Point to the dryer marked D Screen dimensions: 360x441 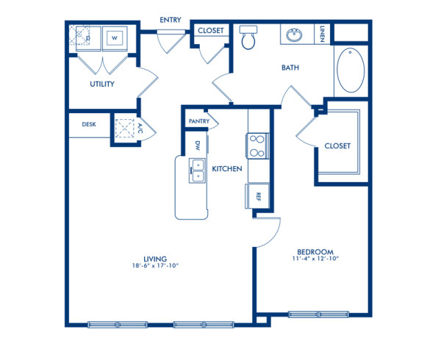coord(85,36)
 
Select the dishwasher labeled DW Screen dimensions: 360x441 coord(198,145)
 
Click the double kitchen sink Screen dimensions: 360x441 coord(197,171)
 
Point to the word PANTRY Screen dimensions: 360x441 coord(198,121)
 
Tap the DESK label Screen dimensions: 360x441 coord(89,125)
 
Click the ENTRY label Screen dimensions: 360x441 coord(171,20)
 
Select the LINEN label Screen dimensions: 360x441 coord(323,34)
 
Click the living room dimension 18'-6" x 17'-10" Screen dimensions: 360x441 coord(155,266)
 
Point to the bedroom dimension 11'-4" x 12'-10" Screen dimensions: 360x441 coord(315,259)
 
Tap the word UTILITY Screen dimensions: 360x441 coord(102,84)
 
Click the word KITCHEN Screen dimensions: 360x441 coord(227,169)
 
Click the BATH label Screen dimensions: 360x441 coord(290,68)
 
